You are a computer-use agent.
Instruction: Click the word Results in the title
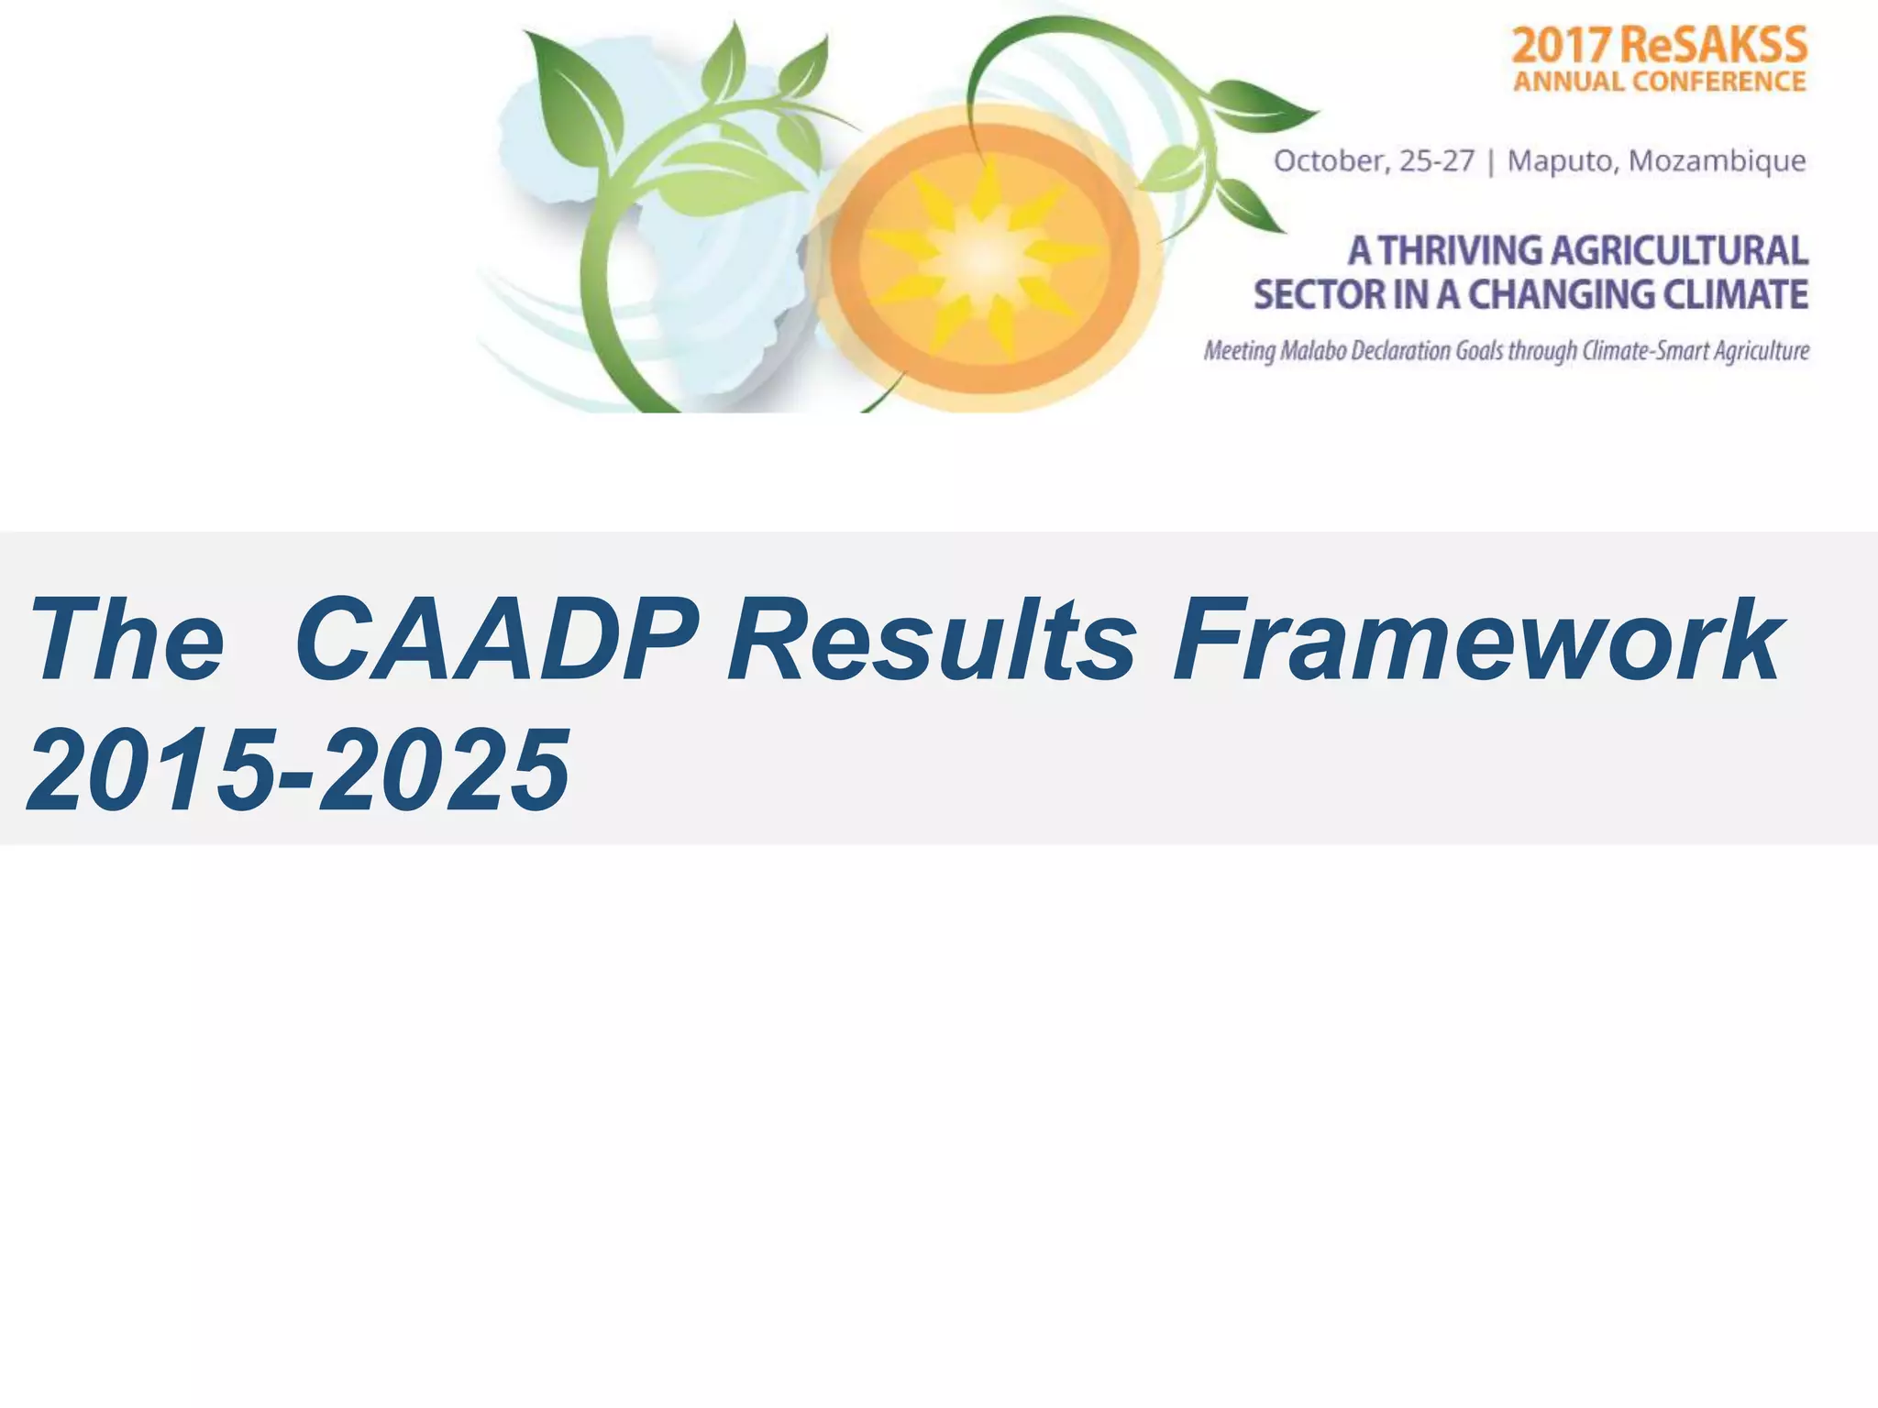tap(931, 640)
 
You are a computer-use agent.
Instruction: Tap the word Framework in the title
tap(1477, 640)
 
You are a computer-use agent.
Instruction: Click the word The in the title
tap(127, 640)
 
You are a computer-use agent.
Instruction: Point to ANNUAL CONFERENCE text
tap(1659, 82)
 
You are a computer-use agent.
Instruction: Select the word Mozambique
tap(1717, 161)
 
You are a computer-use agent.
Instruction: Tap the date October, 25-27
tap(1374, 161)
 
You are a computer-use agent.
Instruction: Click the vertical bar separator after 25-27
tap(1491, 161)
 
